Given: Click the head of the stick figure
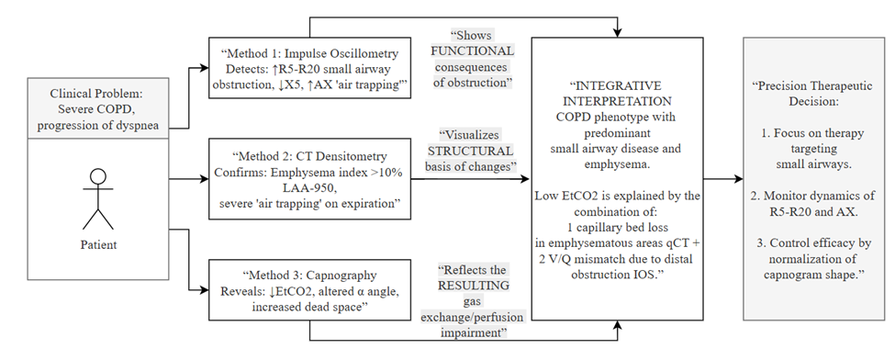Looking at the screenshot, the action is (x=98, y=176).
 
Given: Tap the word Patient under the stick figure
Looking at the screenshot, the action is (x=98, y=244).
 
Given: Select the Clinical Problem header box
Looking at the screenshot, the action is (x=98, y=108).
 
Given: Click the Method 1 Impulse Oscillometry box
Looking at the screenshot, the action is (x=309, y=68).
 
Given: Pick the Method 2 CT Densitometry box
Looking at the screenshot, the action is (x=309, y=179).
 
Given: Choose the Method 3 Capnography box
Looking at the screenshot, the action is (x=309, y=290).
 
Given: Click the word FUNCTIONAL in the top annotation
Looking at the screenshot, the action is (x=472, y=51).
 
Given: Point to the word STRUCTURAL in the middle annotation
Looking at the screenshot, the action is (x=470, y=151).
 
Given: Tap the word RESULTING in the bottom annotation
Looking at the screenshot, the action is (x=473, y=285).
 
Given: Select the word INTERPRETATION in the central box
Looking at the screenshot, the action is (x=617, y=101).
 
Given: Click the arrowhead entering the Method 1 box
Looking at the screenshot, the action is (x=205, y=68).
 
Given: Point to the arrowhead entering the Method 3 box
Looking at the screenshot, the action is (x=205, y=290).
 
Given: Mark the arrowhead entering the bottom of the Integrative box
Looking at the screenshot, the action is (x=617, y=324).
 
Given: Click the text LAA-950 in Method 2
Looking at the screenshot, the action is (x=308, y=187).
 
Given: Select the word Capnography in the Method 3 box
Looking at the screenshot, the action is (x=344, y=276).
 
